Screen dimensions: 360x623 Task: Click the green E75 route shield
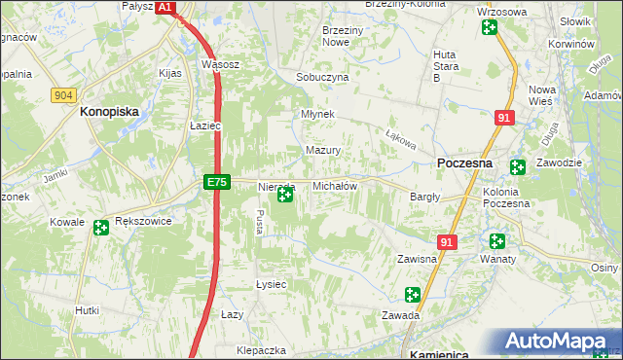click(x=217, y=182)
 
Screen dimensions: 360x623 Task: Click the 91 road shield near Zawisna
click(x=447, y=241)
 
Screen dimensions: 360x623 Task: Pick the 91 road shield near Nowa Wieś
click(x=503, y=118)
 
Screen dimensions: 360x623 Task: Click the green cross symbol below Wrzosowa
click(x=489, y=26)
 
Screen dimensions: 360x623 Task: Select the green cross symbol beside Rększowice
click(x=101, y=229)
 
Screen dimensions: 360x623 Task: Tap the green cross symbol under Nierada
click(x=284, y=196)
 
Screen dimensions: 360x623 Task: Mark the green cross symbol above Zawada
click(x=413, y=294)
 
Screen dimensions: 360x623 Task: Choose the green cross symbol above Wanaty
click(x=498, y=241)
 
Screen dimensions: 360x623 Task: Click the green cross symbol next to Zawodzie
click(x=518, y=167)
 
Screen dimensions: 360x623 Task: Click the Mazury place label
click(x=323, y=151)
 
